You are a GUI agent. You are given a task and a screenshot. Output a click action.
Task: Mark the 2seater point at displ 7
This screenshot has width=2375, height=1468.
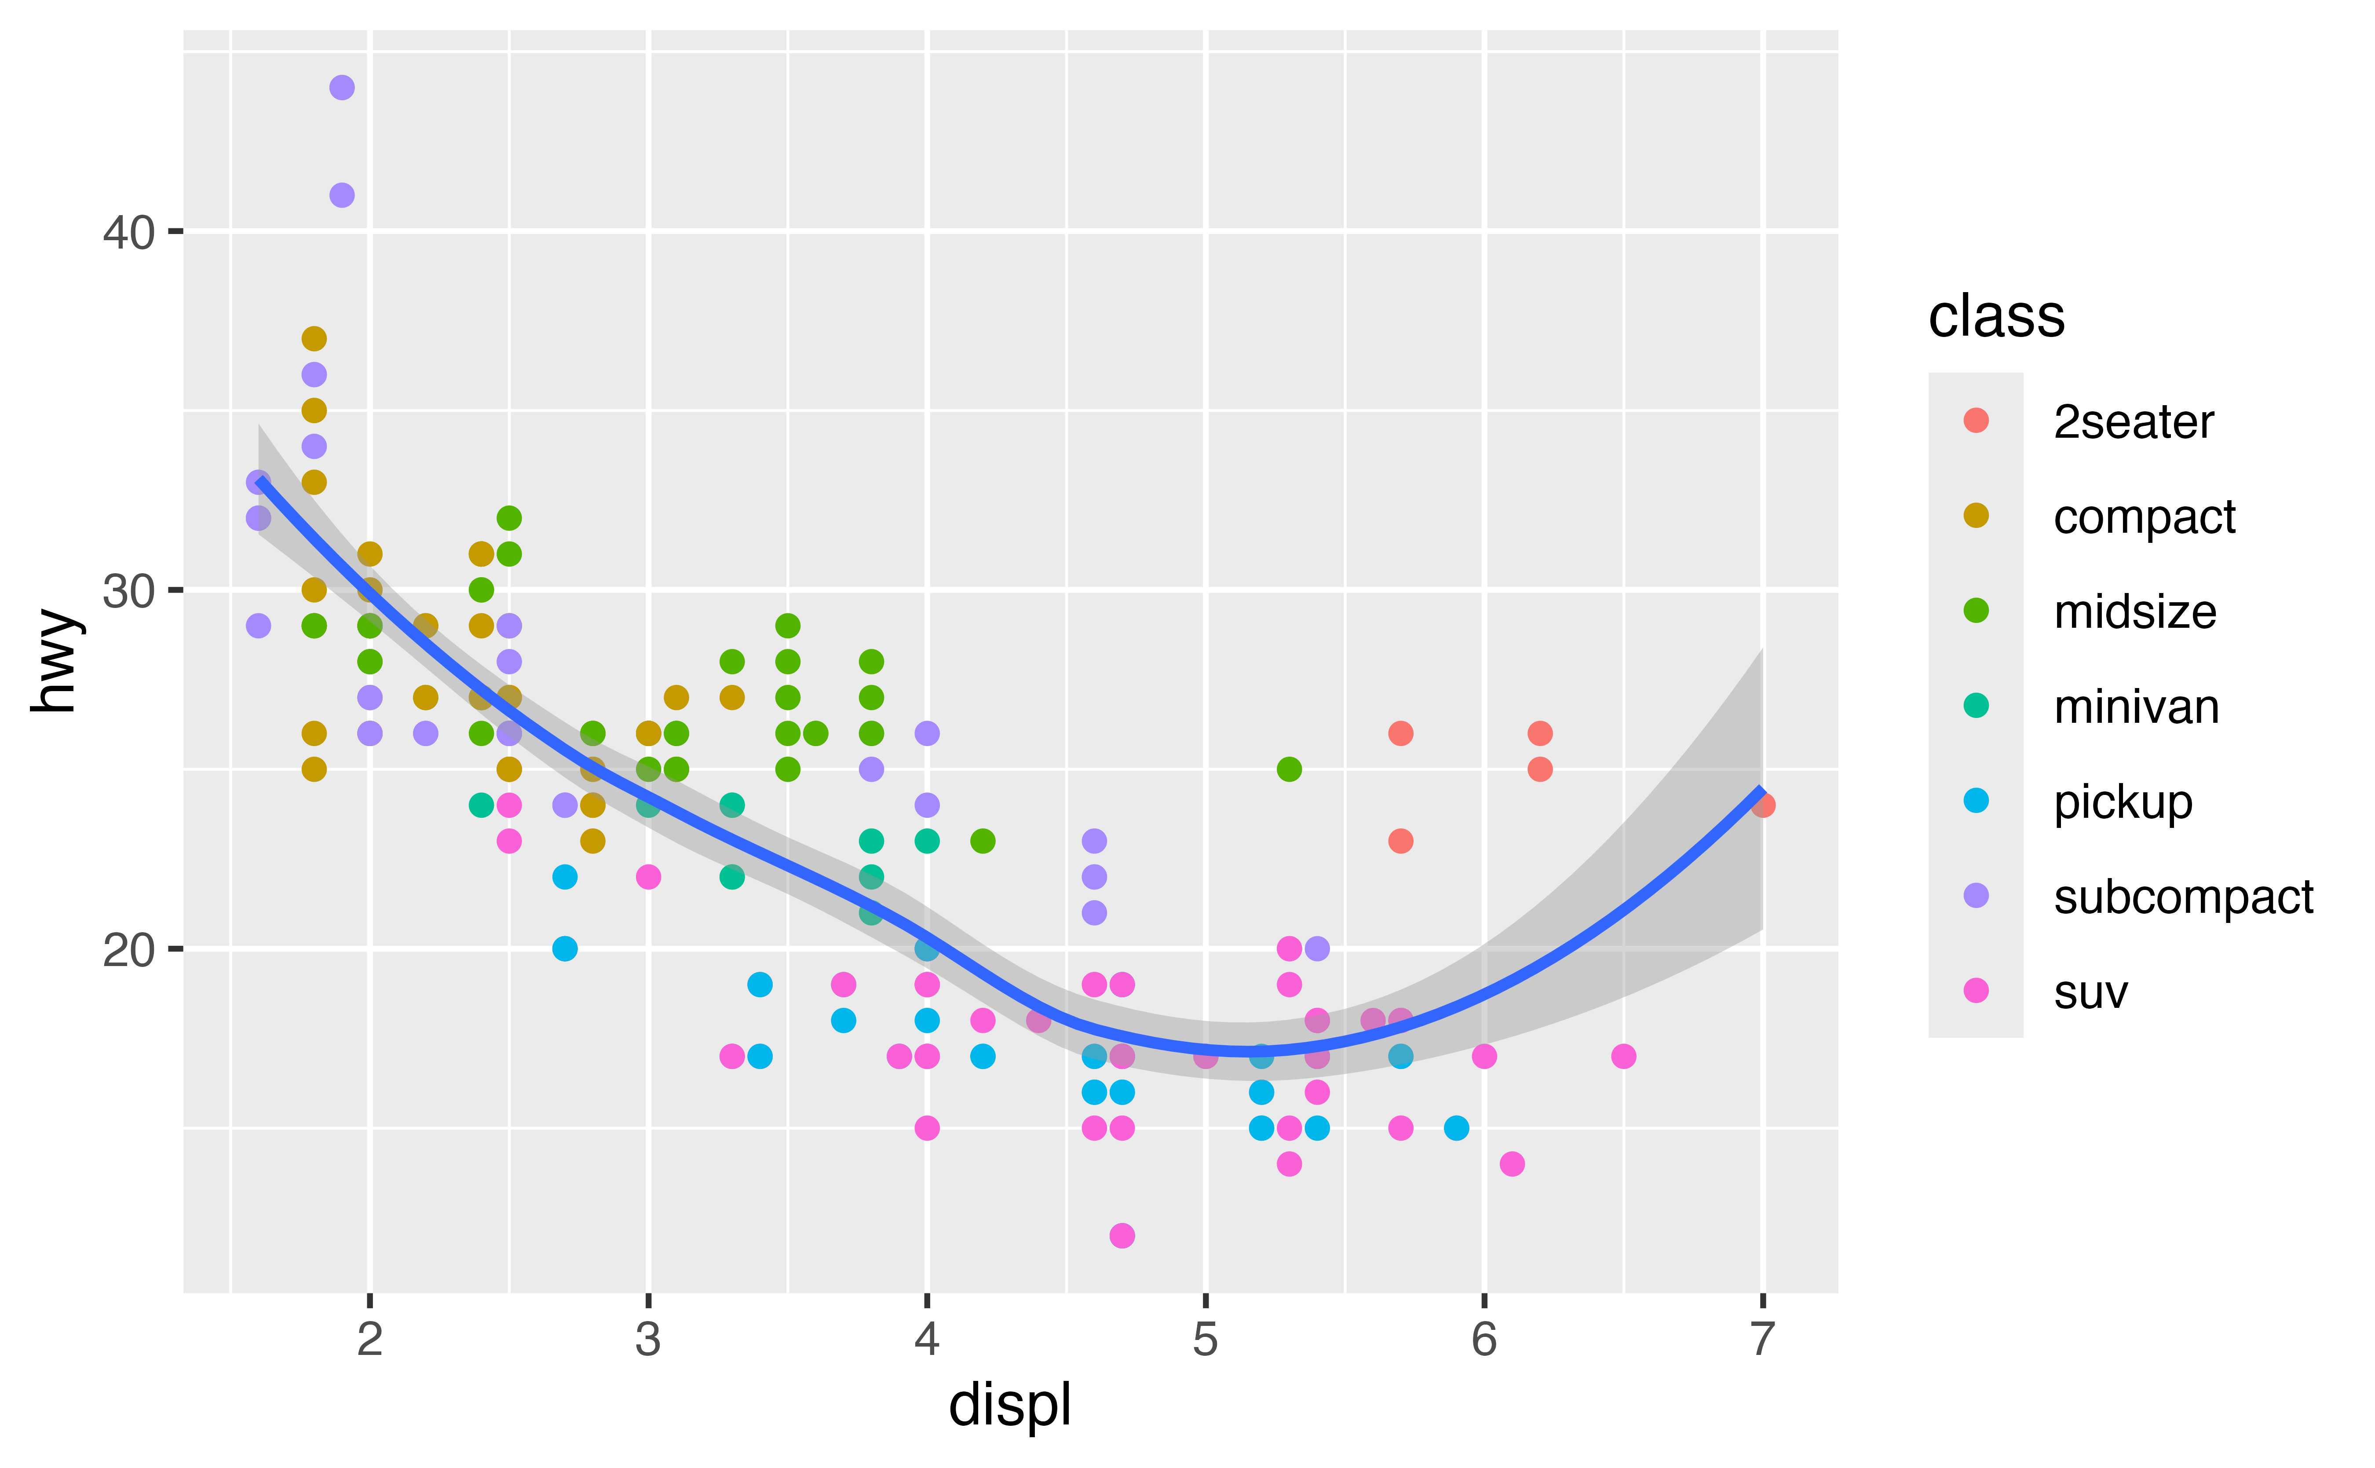click(x=1763, y=805)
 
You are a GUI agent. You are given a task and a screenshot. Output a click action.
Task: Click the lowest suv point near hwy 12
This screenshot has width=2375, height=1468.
click(x=1122, y=1235)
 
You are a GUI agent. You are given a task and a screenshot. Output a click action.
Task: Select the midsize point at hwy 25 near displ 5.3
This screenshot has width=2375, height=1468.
click(x=1289, y=769)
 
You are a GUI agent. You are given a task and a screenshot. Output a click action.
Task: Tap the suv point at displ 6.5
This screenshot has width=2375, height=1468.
click(x=1623, y=1056)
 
